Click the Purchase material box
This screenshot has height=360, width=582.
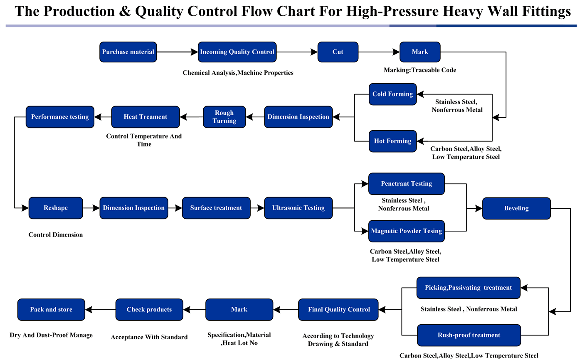click(x=128, y=52)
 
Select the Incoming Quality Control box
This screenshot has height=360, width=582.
click(x=237, y=52)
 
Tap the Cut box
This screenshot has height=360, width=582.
click(x=338, y=52)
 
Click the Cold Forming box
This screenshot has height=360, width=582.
click(x=392, y=94)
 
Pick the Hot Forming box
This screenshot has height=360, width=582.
click(x=392, y=141)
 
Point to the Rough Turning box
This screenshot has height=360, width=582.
click(x=224, y=117)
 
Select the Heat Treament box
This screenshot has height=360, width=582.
click(x=145, y=117)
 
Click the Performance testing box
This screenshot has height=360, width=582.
click(x=60, y=117)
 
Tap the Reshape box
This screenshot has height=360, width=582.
click(x=56, y=208)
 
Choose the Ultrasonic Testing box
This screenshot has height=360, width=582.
click(x=298, y=208)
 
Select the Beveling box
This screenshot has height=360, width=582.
click(x=516, y=208)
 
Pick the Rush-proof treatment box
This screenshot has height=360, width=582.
click(x=469, y=335)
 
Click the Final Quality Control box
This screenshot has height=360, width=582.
click(x=339, y=309)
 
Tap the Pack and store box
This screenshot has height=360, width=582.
click(x=51, y=309)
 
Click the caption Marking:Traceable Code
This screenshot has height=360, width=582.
click(x=420, y=70)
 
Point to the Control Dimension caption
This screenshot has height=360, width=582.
click(x=56, y=235)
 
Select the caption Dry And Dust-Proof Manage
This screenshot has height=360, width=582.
click(x=51, y=335)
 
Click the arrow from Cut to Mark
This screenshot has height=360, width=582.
click(x=378, y=52)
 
